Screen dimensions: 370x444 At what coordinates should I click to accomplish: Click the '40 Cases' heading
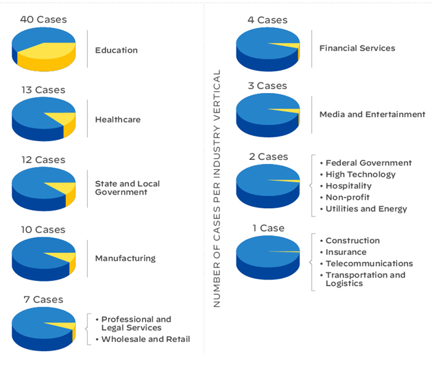43,20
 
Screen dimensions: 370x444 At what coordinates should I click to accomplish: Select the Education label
117,50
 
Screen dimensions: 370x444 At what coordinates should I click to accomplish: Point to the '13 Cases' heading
43,90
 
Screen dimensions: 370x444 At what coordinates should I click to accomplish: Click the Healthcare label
118,120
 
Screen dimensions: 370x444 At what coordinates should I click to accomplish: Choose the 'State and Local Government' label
128,188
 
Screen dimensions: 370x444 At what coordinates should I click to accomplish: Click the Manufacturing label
125,258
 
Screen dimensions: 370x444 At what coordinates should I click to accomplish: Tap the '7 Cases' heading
43,300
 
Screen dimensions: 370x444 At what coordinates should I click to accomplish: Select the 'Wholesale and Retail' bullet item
146,339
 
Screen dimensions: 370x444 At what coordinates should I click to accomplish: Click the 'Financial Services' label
357,48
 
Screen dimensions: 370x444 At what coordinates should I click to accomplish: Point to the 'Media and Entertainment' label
372,114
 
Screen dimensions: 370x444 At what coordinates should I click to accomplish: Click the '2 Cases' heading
268,157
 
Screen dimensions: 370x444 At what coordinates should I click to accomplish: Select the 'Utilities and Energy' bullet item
367,209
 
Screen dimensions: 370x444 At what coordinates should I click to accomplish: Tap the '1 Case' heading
268,228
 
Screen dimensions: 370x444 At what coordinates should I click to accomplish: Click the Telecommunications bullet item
369,263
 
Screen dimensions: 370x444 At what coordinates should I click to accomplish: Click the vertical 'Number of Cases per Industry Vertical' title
217,189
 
